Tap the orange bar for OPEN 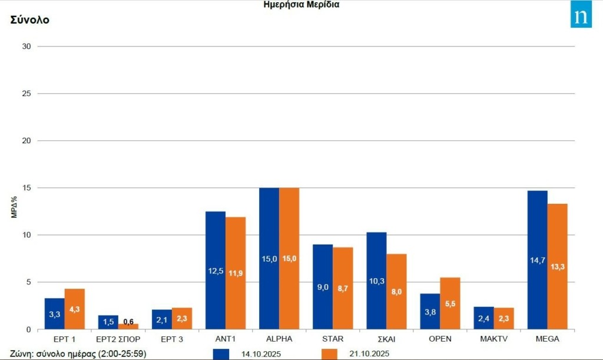pyautogui.click(x=450, y=303)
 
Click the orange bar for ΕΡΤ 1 pyautogui.click(x=75, y=309)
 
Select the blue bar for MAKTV pyautogui.click(x=483, y=318)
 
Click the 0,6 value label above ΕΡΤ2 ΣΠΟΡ pyautogui.click(x=128, y=321)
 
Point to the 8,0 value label pyautogui.click(x=396, y=291)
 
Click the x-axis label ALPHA pyautogui.click(x=279, y=339)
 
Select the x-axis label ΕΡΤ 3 pyautogui.click(x=172, y=339)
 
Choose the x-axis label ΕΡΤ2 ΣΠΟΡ pyautogui.click(x=118, y=339)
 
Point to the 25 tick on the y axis pyautogui.click(x=26, y=94)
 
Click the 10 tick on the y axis pyautogui.click(x=26, y=235)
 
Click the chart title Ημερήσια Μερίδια pyautogui.click(x=301, y=5)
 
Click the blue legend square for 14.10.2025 pyautogui.click(x=221, y=354)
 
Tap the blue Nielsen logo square pyautogui.click(x=581, y=17)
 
